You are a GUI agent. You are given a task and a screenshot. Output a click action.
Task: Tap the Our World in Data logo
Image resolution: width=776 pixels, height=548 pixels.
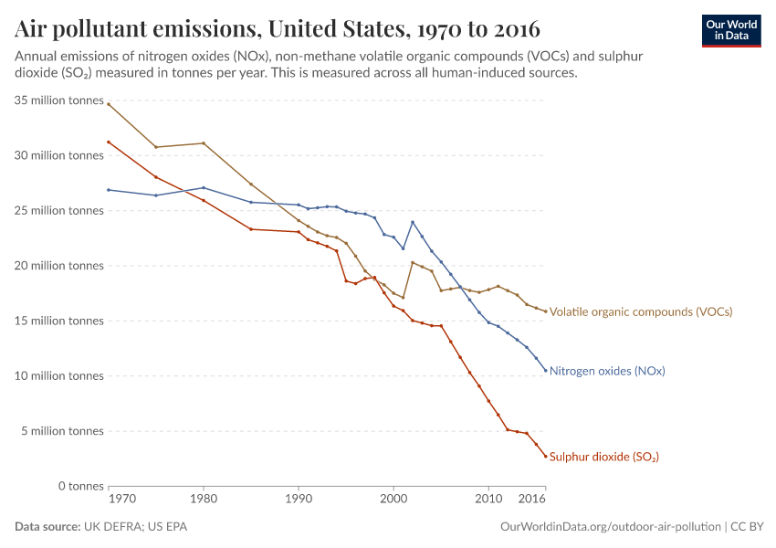730,30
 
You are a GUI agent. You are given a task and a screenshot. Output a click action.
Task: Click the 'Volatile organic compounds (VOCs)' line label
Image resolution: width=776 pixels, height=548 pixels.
640,311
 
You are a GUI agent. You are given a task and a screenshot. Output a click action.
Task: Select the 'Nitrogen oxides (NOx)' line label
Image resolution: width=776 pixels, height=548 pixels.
606,371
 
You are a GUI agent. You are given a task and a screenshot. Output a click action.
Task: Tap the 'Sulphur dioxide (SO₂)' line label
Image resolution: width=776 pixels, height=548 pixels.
603,457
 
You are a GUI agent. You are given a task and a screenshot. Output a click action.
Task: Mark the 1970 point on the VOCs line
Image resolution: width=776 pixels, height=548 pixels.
108,104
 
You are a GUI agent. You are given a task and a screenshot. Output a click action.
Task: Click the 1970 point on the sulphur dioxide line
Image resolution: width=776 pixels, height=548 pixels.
108,142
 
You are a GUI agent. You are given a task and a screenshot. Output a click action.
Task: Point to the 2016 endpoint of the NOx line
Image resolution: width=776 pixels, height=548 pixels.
545,370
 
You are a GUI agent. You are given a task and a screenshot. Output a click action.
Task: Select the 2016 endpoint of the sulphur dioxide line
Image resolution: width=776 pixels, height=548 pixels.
545,456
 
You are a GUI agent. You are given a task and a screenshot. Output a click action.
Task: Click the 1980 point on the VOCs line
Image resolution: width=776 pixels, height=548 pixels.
203,143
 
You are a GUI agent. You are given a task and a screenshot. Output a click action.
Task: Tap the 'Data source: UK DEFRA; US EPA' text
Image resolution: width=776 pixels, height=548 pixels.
101,527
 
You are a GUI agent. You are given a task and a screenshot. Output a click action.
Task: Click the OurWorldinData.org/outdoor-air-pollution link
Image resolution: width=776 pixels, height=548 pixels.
611,527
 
